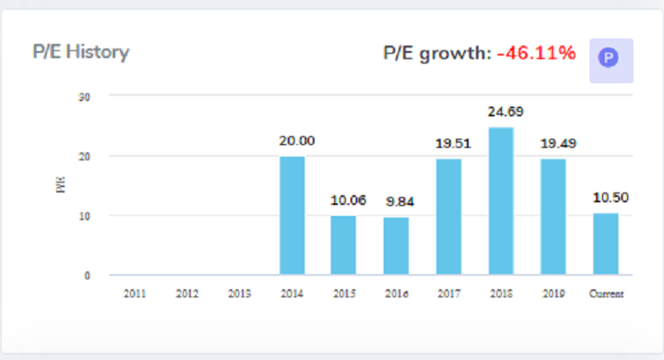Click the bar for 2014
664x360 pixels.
point(292,216)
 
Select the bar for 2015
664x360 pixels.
point(344,245)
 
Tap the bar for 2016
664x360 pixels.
point(396,246)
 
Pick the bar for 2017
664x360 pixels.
point(449,217)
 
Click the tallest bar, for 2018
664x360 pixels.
point(501,201)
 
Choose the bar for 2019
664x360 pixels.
point(553,217)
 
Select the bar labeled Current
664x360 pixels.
point(606,244)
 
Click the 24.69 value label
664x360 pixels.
point(506,112)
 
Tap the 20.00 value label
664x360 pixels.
point(297,141)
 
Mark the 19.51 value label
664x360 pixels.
point(454,142)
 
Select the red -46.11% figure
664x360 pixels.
point(536,54)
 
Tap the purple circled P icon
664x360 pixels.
point(609,59)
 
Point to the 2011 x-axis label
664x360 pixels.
point(134,293)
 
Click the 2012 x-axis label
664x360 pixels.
point(186,293)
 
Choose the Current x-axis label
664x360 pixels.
point(606,293)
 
